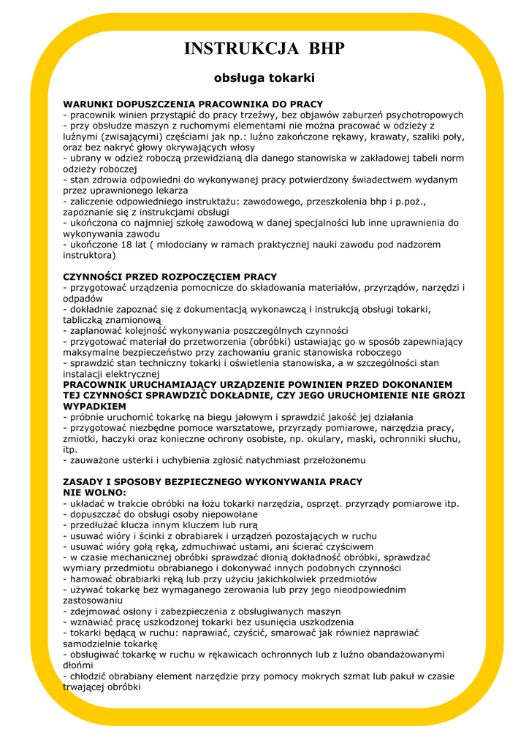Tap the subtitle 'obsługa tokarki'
coord(264,77)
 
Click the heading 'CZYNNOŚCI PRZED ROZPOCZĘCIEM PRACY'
coord(170,277)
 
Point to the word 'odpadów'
coord(83,299)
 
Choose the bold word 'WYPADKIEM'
coord(94,406)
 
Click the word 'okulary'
coord(335,439)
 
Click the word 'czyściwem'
coord(347,546)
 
